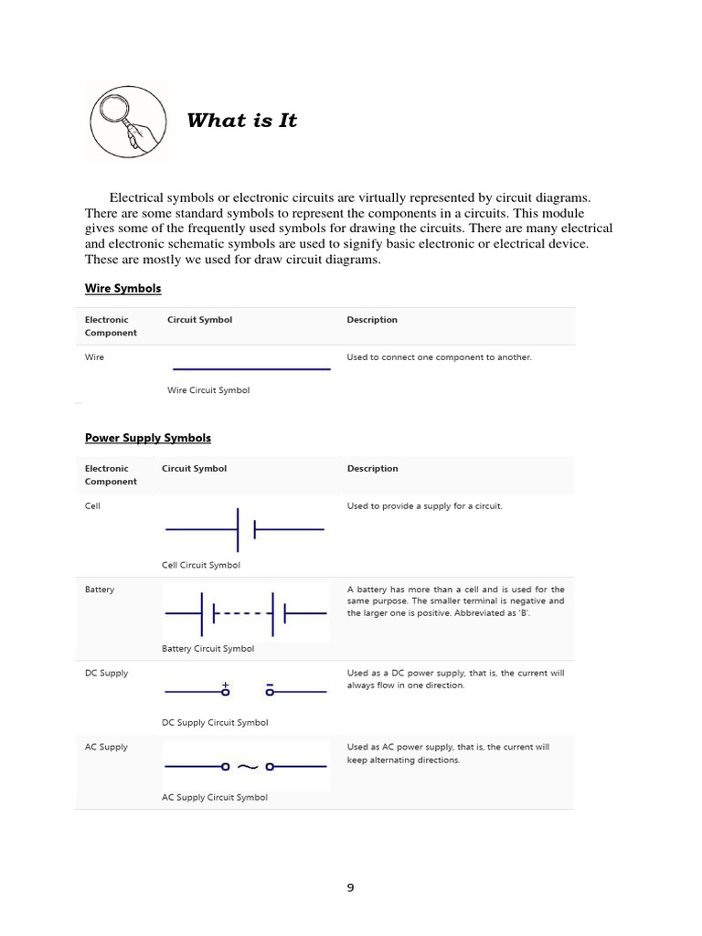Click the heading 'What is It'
241,121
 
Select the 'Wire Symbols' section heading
122,289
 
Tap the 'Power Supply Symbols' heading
148,438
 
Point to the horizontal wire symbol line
251,369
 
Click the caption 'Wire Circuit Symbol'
208,390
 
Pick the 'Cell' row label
92,505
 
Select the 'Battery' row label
100,590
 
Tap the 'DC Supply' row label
106,673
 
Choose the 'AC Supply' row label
106,747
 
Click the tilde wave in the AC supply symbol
247,768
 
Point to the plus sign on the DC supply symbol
225,684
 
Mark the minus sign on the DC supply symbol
270,684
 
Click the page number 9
350,888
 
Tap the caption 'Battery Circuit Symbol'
207,649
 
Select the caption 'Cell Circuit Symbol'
201,565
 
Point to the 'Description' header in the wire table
372,320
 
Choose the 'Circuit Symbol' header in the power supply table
194,469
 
